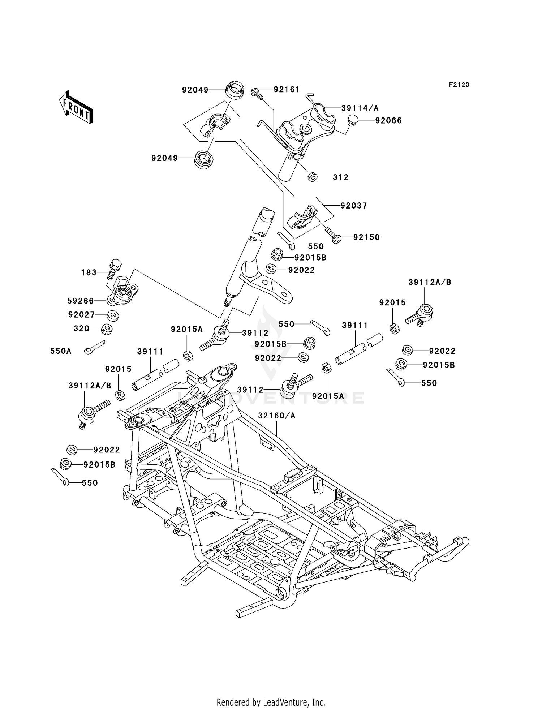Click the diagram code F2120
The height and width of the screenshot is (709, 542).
tap(459, 85)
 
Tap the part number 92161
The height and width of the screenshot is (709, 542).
tap(287, 89)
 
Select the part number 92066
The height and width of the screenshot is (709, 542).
tap(388, 120)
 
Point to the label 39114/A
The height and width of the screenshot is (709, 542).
tap(360, 108)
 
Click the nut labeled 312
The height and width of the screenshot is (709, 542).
tap(313, 177)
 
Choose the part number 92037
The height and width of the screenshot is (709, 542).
tap(354, 206)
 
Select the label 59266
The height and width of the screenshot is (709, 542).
tap(80, 301)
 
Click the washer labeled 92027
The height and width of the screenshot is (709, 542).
tap(113, 315)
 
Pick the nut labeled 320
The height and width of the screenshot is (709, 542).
tap(107, 329)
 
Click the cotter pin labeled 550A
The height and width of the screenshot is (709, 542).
tap(94, 347)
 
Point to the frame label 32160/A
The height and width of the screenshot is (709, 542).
tap(277, 416)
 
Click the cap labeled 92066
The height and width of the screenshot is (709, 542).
tap(353, 120)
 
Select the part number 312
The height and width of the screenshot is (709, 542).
tap(341, 177)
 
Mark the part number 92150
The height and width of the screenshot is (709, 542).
tap(366, 237)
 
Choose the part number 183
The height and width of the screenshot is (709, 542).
tap(89, 272)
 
